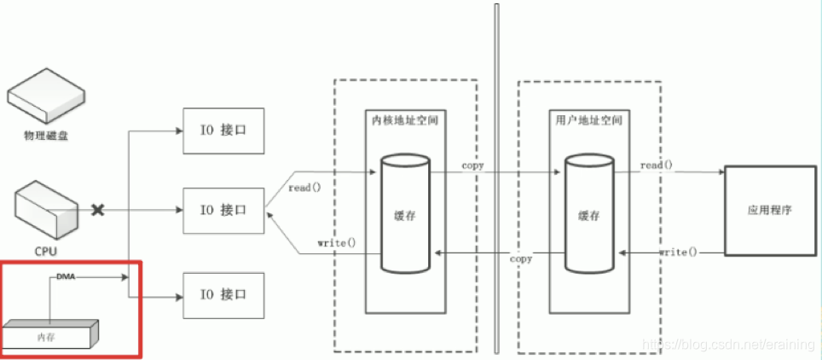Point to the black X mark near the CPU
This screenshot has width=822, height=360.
(98, 209)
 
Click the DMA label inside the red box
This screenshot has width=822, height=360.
(66, 277)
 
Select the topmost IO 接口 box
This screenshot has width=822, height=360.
(221, 131)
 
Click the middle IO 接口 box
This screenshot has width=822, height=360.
(221, 209)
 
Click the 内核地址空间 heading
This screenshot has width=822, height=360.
(405, 120)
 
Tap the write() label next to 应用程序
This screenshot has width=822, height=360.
(678, 253)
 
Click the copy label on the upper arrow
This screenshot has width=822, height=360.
(473, 165)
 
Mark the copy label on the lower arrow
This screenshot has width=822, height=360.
(521, 258)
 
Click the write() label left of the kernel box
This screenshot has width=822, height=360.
(336, 242)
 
